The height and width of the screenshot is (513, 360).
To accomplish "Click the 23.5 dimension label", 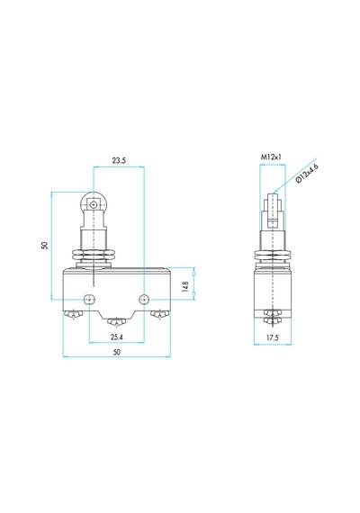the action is [119, 160].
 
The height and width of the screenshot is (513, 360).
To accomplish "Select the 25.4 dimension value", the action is [116, 337].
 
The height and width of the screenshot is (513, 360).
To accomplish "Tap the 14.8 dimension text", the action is [185, 286].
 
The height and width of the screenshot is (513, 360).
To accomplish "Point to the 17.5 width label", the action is [272, 338].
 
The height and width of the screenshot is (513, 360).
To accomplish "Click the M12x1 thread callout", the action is [271, 157].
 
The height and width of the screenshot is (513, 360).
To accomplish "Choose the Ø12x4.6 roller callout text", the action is [307, 173].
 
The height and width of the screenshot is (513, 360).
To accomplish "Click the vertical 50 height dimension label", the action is [44, 246].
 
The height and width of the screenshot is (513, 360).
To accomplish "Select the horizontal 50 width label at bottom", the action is [116, 352].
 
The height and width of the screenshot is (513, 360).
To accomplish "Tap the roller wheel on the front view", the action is [94, 204].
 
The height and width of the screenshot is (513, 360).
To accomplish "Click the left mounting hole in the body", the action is [89, 299].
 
